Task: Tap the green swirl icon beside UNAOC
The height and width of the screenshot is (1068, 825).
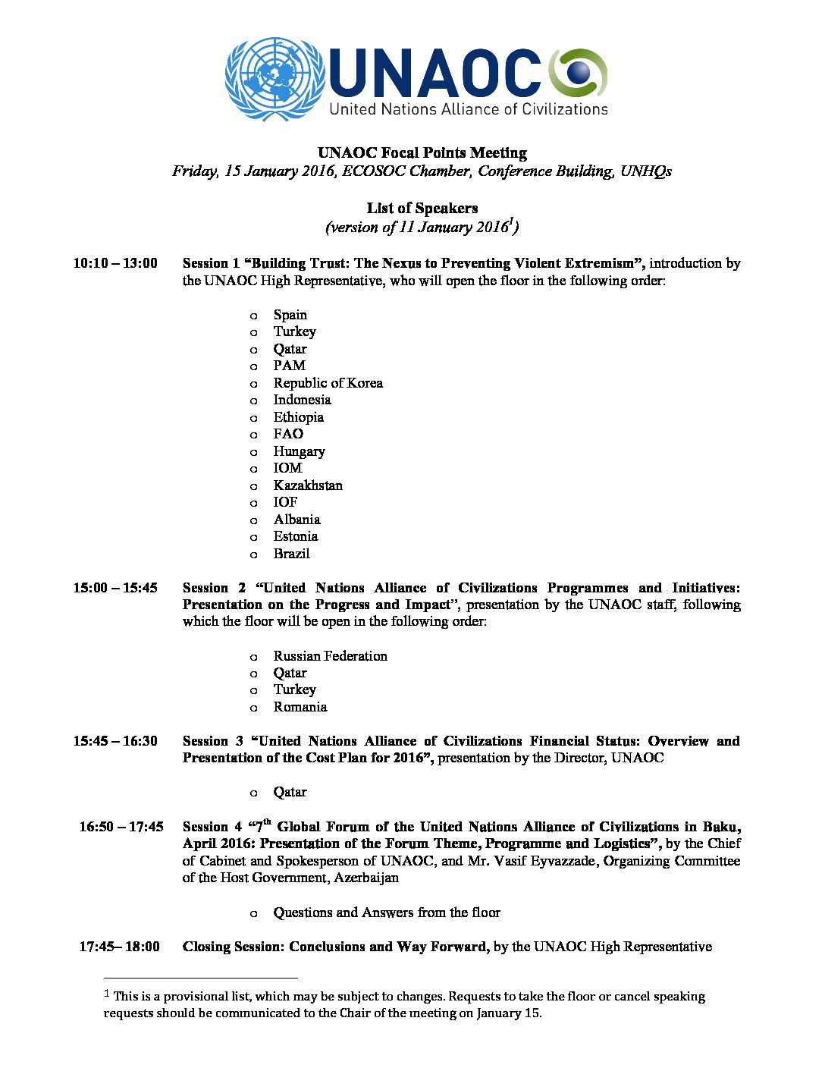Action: [x=579, y=73]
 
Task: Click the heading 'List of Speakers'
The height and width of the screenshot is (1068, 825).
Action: [x=422, y=208]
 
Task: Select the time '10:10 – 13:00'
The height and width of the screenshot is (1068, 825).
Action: [x=115, y=263]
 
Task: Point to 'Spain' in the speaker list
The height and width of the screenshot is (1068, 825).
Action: [x=290, y=315]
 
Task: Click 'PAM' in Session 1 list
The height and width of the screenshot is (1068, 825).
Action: [x=289, y=366]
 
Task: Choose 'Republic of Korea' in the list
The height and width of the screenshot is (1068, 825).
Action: [x=328, y=383]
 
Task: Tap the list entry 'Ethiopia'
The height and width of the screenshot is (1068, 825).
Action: [x=298, y=417]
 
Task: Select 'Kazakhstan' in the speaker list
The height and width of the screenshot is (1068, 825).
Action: [x=308, y=485]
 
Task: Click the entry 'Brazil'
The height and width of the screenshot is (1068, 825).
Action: [x=291, y=554]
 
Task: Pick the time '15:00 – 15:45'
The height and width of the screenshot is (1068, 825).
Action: [x=115, y=588]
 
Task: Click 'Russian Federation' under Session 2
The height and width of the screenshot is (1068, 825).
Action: [x=330, y=656]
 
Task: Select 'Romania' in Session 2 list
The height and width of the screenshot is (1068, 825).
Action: [x=300, y=707]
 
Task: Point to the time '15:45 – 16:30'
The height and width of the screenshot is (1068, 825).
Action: [x=115, y=741]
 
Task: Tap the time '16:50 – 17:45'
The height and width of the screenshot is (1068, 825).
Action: [x=121, y=827]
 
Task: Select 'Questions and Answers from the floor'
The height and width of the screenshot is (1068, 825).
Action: [x=387, y=913]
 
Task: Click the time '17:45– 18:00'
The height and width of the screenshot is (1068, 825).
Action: [x=120, y=947]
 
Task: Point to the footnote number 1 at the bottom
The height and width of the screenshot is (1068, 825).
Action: [x=107, y=994]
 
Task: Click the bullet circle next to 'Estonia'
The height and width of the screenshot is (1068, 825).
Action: [x=254, y=537]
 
